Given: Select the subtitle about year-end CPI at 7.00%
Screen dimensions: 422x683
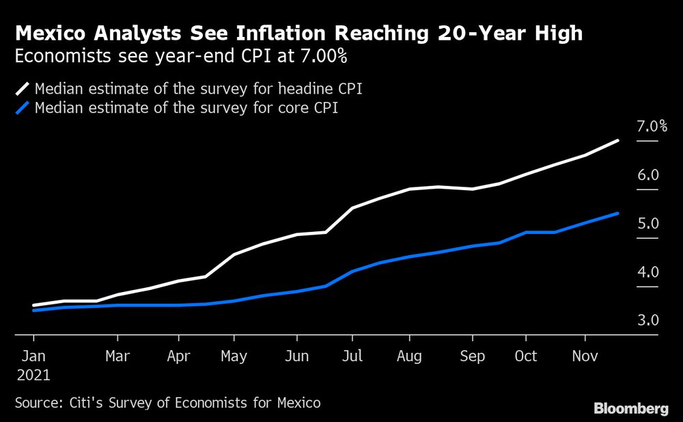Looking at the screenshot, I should coord(181,57).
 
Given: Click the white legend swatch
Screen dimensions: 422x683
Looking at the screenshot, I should coord(22,89).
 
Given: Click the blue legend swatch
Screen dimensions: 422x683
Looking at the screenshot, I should coord(22,108).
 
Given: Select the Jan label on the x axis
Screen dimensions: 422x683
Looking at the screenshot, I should coord(33,356).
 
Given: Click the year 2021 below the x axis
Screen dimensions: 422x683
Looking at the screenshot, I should coord(33,375).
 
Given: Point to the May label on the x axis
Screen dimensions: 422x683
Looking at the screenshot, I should coord(234,356).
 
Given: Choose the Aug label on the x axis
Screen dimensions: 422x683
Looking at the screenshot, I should coord(408,356).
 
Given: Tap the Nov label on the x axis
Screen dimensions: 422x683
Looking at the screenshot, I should coord(585,356).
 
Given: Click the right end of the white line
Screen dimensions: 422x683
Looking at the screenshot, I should coord(618,141).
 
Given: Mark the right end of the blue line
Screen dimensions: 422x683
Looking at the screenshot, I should coord(618,213).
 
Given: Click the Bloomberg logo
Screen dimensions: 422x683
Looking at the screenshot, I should coord(631,409).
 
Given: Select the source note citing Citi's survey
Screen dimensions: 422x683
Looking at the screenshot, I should coord(167,404).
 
